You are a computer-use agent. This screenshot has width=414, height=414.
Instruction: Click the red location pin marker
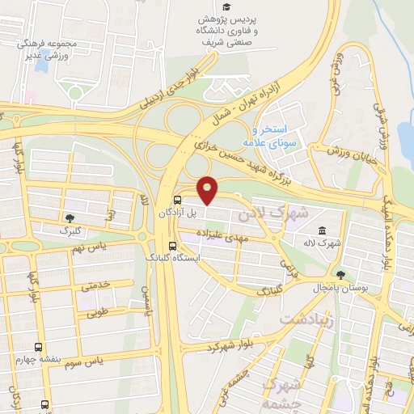208,190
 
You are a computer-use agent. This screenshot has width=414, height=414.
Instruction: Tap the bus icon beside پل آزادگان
177,200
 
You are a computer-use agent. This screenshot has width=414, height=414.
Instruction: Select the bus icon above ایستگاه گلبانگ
171,246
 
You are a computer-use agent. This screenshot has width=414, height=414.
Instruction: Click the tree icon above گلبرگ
70,218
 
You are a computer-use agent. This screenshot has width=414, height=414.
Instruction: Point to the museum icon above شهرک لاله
323,230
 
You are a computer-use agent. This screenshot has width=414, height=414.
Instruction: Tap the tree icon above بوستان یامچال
341,275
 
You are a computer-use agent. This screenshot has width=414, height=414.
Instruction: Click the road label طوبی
98,310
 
